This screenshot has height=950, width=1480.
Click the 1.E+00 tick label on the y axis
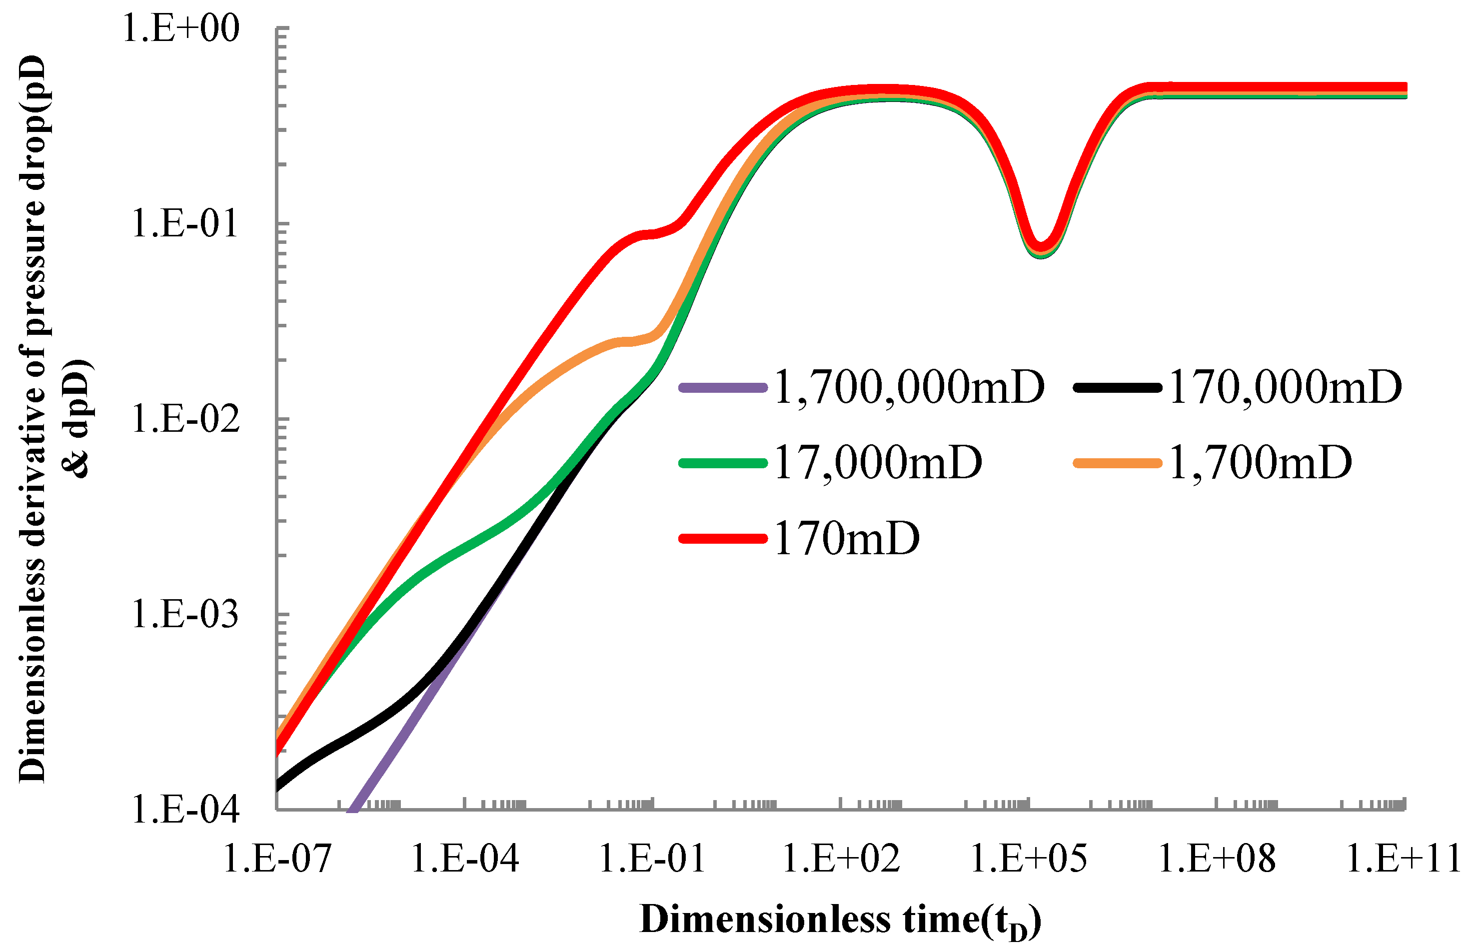coord(180,28)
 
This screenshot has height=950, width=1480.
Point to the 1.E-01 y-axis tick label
coord(184,223)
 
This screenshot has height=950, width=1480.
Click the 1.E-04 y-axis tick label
coord(184,810)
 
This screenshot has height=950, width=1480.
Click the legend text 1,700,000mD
coord(909,388)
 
